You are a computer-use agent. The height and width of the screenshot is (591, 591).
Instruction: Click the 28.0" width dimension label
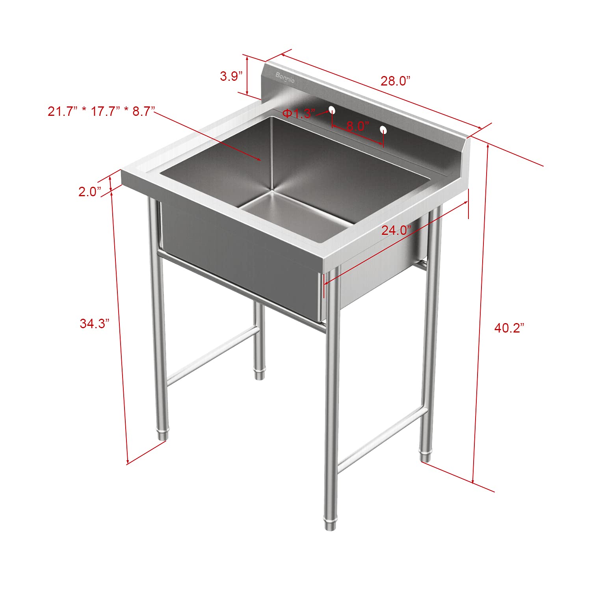395,81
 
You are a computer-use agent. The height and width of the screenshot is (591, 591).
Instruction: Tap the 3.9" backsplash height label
231,76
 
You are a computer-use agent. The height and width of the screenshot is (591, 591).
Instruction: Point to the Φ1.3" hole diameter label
299,114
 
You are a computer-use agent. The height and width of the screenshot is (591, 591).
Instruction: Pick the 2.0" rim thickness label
90,192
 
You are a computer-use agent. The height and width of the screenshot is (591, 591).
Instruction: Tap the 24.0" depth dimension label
396,230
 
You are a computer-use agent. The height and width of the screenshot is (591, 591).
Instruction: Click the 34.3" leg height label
94,323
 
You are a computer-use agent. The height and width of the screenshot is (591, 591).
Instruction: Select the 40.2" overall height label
509,328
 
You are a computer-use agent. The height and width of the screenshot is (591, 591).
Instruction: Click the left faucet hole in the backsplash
332,109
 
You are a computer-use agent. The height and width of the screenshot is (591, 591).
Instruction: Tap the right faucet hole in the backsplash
383,129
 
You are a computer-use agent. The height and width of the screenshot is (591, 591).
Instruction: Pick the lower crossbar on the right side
382,439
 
